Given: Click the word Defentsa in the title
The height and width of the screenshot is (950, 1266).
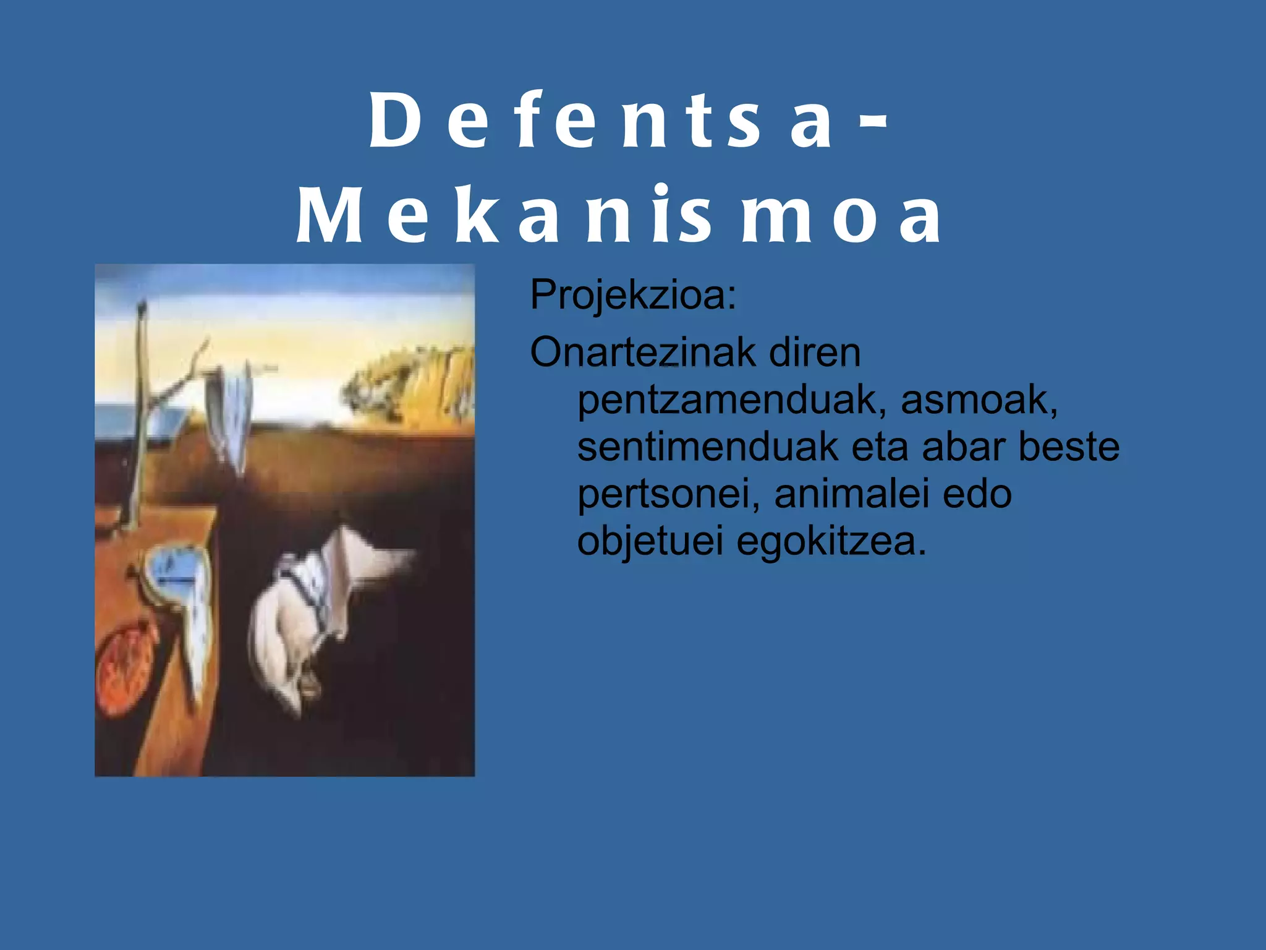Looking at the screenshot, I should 600,121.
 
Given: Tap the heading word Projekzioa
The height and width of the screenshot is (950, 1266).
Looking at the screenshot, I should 632,296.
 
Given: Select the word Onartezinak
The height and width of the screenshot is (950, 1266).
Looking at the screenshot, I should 643,353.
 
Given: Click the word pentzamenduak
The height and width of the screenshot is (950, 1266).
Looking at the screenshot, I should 727,400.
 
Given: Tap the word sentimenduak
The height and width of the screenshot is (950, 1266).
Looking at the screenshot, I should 708,447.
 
